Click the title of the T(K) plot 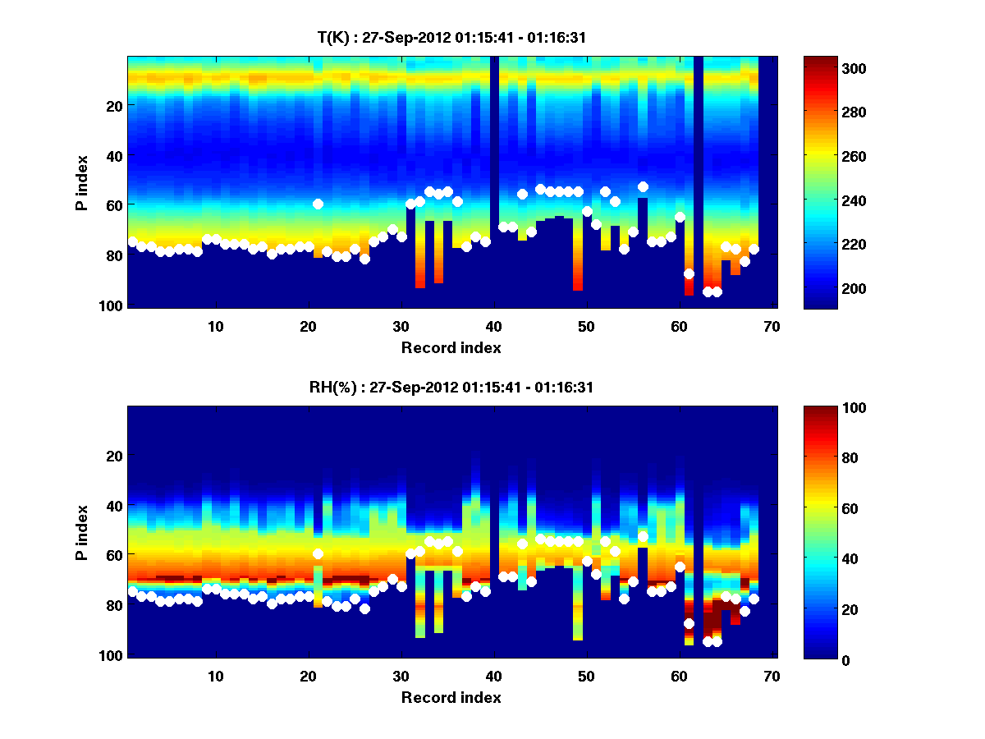(451, 37)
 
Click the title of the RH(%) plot (451, 387)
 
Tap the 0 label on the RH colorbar (819, 659)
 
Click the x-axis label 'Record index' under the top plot (451, 347)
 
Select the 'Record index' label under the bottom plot (451, 697)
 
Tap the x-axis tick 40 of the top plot (493, 326)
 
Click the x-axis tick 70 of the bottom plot (772, 676)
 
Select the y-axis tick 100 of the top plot (112, 305)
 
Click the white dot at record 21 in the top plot (318, 204)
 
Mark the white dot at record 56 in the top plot (643, 187)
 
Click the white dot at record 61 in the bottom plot (689, 623)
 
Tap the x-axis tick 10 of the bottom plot (215, 676)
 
